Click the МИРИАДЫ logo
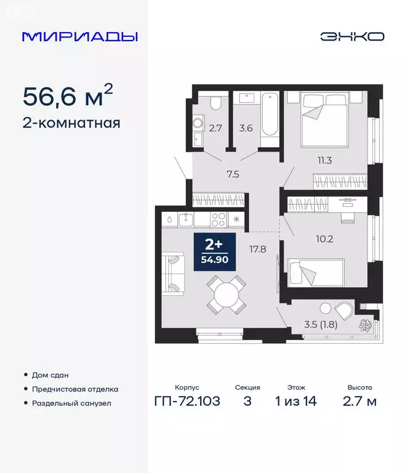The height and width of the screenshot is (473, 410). coord(79,36)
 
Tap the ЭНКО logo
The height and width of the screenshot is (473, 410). coord(352,36)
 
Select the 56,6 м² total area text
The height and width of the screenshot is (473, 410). coord(68,95)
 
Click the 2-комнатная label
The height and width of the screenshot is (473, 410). coord(71,123)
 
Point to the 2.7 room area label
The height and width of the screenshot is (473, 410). coord(215,129)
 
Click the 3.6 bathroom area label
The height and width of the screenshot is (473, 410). coord(246,129)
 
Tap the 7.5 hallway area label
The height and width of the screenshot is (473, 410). coord(232,174)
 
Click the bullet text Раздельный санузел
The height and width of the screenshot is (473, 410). coord(73,403)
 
